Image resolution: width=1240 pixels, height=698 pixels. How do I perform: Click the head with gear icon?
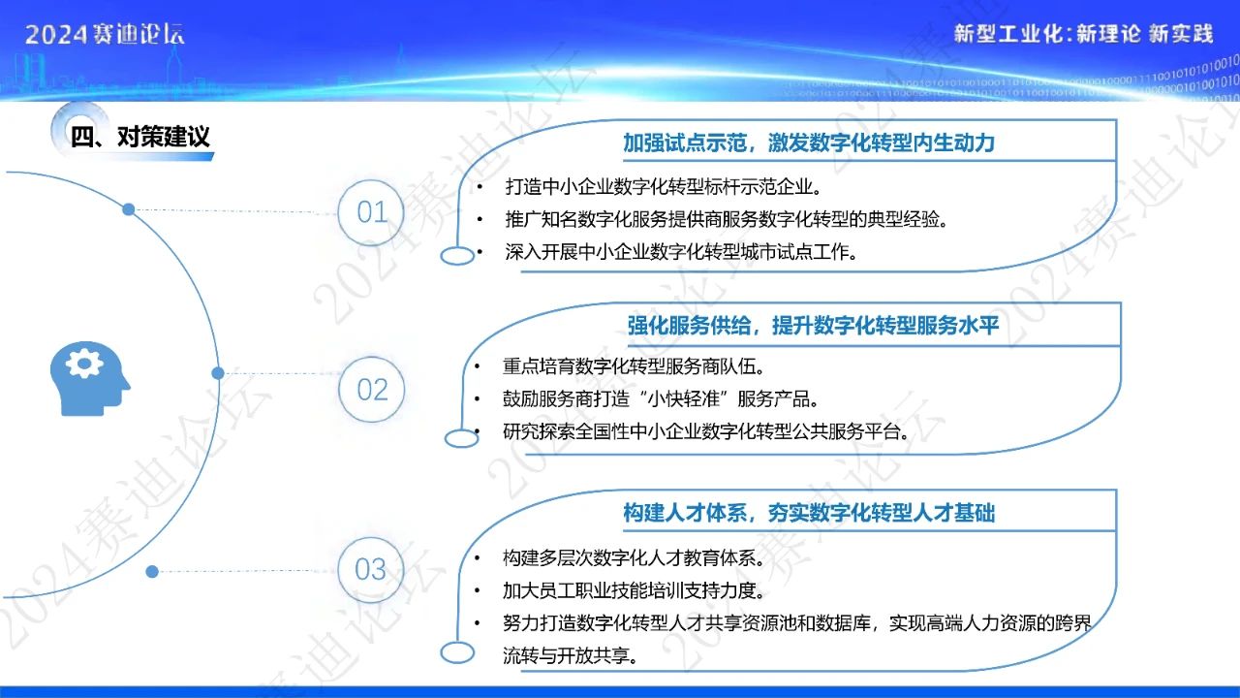point(90,378)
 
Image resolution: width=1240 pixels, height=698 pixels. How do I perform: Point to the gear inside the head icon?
point(84,364)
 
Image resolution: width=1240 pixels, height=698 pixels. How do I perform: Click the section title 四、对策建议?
point(140,137)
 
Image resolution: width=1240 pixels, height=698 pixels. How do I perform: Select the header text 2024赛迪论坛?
point(105,34)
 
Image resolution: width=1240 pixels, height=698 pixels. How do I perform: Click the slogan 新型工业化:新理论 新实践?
point(1083,34)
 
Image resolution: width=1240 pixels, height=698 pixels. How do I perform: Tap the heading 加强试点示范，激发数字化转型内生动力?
point(809,143)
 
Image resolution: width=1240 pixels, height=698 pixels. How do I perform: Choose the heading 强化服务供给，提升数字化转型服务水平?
point(813,325)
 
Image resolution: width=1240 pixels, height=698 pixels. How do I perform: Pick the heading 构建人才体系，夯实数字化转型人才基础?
point(809,513)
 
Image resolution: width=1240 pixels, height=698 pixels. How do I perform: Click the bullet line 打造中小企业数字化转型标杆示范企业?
point(663,187)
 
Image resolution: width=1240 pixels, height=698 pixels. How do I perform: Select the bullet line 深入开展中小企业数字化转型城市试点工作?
point(681,252)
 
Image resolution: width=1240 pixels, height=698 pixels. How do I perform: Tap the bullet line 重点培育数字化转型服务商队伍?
point(634,366)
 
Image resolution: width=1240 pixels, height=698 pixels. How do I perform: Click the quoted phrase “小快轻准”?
point(685,398)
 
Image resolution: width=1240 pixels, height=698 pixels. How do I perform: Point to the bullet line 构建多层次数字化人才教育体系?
point(634,557)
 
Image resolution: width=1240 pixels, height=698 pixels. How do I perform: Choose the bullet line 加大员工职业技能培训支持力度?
point(634,590)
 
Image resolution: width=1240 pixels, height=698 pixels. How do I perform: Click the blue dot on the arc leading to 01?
point(129,209)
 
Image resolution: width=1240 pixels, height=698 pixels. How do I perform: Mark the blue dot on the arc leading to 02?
point(218,373)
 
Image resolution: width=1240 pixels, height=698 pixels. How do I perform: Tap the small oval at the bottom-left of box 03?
point(457,652)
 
